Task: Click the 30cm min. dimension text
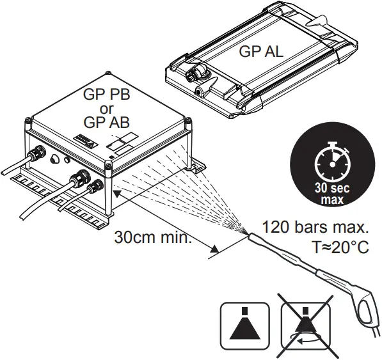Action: (154, 238)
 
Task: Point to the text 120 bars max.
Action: (316, 228)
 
